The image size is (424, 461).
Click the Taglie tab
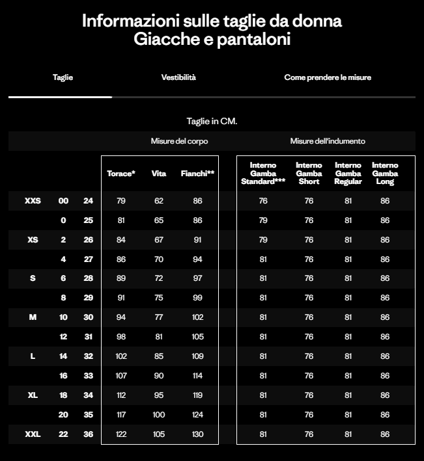[x=63, y=77]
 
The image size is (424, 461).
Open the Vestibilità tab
[x=178, y=77]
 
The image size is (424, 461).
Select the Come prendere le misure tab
[x=328, y=77]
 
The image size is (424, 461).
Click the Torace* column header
[x=121, y=174]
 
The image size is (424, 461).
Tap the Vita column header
[x=159, y=174]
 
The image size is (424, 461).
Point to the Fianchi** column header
[x=198, y=174]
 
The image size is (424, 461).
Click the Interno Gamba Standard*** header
[x=263, y=174]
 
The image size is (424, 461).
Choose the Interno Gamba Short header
[x=309, y=174]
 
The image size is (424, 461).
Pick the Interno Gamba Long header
[x=385, y=174]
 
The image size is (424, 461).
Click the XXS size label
[x=33, y=201]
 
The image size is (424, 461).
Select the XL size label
[x=33, y=395]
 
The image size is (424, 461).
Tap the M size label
[x=33, y=317]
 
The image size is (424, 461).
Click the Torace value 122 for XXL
[x=121, y=434]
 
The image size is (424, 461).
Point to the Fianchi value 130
[x=198, y=434]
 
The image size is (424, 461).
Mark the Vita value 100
[x=159, y=414]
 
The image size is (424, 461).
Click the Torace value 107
[x=121, y=376]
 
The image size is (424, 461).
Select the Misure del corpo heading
[x=179, y=141]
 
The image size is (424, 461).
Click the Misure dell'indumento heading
[x=328, y=141]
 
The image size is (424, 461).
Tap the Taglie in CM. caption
[x=212, y=121]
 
